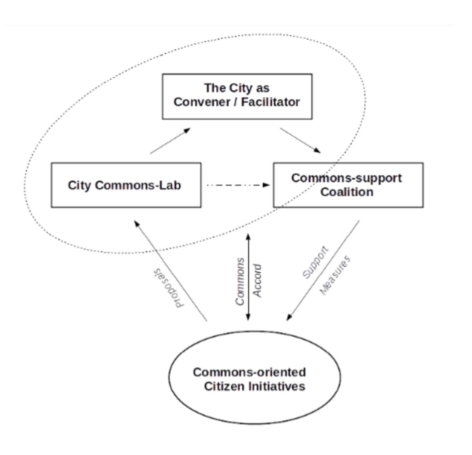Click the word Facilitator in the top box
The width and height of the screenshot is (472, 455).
point(270,102)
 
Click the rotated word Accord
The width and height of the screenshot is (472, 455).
point(258,281)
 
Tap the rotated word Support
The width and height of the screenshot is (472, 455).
point(315,263)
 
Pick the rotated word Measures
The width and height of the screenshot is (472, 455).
point(335,275)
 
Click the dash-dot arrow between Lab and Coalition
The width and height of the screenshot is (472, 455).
point(239,185)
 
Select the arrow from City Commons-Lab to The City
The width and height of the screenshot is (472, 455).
point(170,141)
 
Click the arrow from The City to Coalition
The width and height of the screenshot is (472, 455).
point(300,141)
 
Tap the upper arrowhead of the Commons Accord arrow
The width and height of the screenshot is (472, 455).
point(249,237)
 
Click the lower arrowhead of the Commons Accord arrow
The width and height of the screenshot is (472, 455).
point(249,317)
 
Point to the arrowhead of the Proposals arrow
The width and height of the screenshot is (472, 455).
point(137,224)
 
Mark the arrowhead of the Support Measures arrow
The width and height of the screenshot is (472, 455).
point(289,317)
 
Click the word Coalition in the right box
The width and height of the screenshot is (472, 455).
point(347,192)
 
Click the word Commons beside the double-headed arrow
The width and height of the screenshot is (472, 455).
point(240,282)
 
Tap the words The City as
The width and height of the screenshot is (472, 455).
point(237,88)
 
